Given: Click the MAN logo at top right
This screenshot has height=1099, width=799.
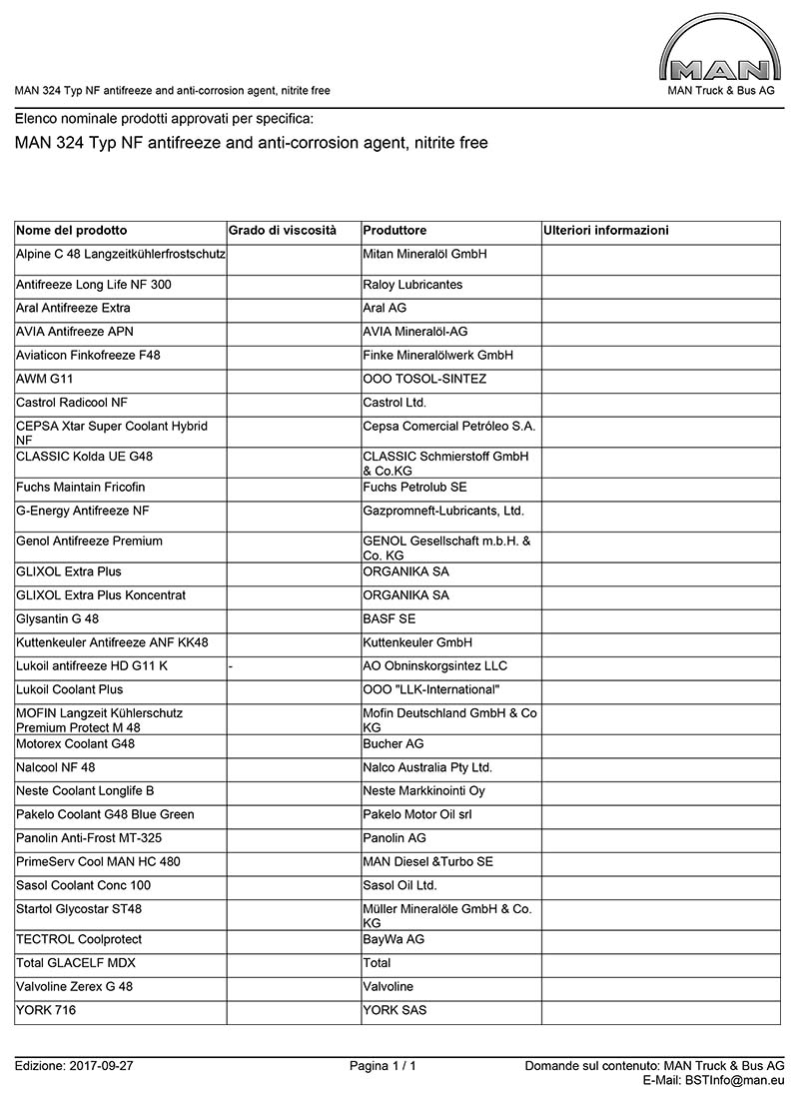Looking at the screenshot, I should coord(720,55).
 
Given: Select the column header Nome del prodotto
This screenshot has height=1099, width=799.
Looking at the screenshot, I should coord(72,231).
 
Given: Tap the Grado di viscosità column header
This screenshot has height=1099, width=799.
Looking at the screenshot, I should coord(283,231).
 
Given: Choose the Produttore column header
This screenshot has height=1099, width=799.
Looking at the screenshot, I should coord(395,231).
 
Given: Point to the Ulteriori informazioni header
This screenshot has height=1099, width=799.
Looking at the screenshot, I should coord(606,231).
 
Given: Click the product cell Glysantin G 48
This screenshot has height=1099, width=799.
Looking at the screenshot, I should coord(58,619).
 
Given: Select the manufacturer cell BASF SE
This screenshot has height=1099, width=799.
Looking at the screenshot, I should coord(390,619).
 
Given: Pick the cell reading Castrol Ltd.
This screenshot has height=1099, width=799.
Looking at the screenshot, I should coord(395,403).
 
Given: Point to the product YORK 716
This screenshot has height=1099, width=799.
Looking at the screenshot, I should coord(46,1010).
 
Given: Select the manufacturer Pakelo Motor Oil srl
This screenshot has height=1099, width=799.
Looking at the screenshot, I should coord(416,815).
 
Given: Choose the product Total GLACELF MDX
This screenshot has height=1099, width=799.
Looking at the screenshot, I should coord(76,963).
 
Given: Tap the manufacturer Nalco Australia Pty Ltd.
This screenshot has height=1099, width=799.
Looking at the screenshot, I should coord(427,768).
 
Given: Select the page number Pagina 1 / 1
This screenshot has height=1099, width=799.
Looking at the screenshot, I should coord(383,1066).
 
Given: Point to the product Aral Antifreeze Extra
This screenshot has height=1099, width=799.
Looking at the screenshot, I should coord(73,308).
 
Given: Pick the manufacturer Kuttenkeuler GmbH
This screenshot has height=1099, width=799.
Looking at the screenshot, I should coord(417,642).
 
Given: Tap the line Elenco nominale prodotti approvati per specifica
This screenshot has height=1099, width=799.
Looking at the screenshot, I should coord(164,119).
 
